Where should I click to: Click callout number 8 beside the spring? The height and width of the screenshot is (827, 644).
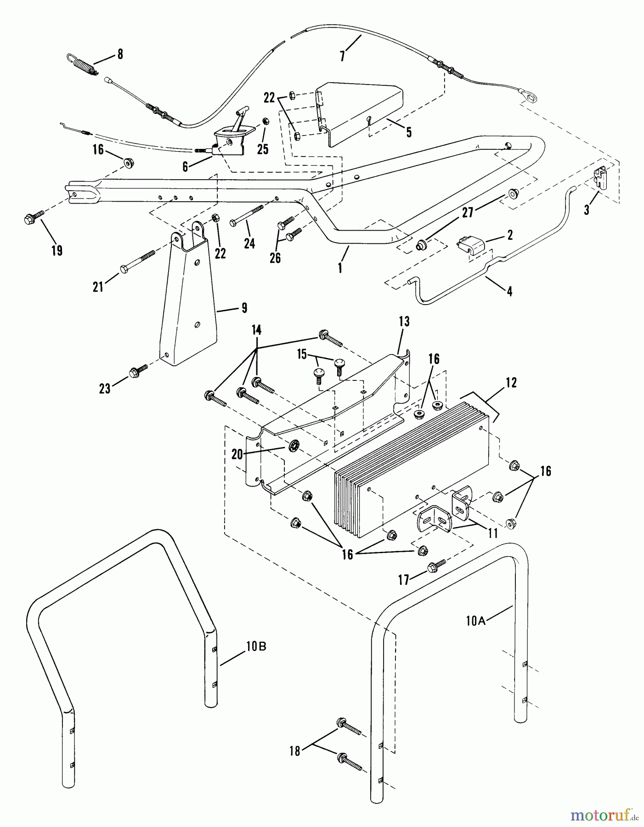point(120,54)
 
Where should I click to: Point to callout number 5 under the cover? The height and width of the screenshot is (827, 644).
point(408,132)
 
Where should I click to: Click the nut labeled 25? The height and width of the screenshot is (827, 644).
point(265,121)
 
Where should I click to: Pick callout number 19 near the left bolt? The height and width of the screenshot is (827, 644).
point(57,251)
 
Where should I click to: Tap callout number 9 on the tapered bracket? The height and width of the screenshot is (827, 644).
point(244,307)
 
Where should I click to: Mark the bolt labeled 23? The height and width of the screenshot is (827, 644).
point(138,371)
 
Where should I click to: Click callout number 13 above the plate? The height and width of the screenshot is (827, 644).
point(404,322)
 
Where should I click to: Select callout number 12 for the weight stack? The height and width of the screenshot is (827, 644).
point(511,382)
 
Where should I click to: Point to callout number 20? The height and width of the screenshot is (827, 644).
point(237,454)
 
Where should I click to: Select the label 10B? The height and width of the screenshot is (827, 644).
point(256,646)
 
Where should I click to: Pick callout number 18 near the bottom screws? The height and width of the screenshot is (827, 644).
point(294,751)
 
